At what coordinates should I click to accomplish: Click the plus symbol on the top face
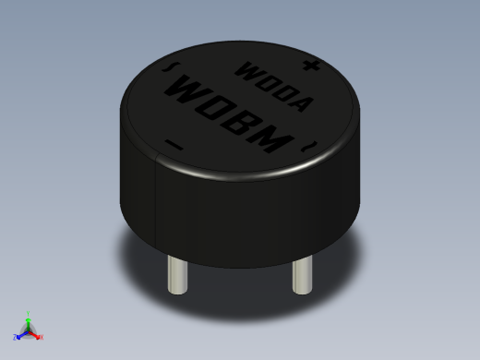pos(314,66)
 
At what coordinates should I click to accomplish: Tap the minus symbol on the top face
pos(172,143)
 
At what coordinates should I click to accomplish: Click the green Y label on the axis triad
pos(29,313)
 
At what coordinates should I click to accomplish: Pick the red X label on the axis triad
pos(42,337)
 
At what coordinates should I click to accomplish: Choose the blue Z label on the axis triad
pos(16,337)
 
